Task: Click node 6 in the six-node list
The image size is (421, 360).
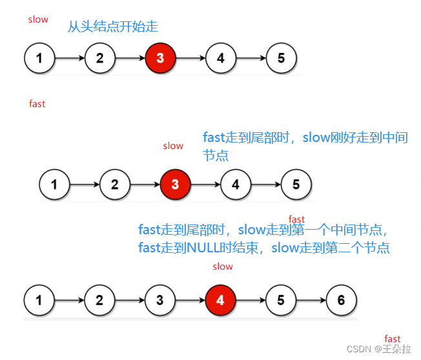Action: point(340,300)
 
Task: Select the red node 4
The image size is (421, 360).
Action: point(220,300)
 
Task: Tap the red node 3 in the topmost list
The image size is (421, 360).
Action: point(160,57)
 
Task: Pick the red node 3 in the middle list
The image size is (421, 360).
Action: point(175,184)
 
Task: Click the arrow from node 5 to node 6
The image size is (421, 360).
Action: point(311,300)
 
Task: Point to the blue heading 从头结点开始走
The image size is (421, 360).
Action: point(113,27)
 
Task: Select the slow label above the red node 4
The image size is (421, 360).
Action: point(223,266)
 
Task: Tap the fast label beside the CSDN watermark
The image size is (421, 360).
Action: point(393,339)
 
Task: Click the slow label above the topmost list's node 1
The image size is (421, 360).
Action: point(38,19)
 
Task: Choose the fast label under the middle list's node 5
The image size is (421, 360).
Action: point(296,219)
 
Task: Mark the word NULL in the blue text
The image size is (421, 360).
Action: point(203,248)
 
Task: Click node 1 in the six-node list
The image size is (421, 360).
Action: point(39,300)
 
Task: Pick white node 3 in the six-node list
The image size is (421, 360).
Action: point(159,300)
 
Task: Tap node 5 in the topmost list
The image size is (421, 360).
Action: point(281,57)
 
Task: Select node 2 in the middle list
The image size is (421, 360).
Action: point(114,184)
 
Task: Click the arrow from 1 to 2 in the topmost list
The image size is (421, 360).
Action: point(70,57)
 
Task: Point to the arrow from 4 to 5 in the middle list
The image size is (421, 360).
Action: point(266,184)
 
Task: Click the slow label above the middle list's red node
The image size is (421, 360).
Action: point(173,146)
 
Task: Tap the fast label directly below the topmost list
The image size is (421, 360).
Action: point(37,103)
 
